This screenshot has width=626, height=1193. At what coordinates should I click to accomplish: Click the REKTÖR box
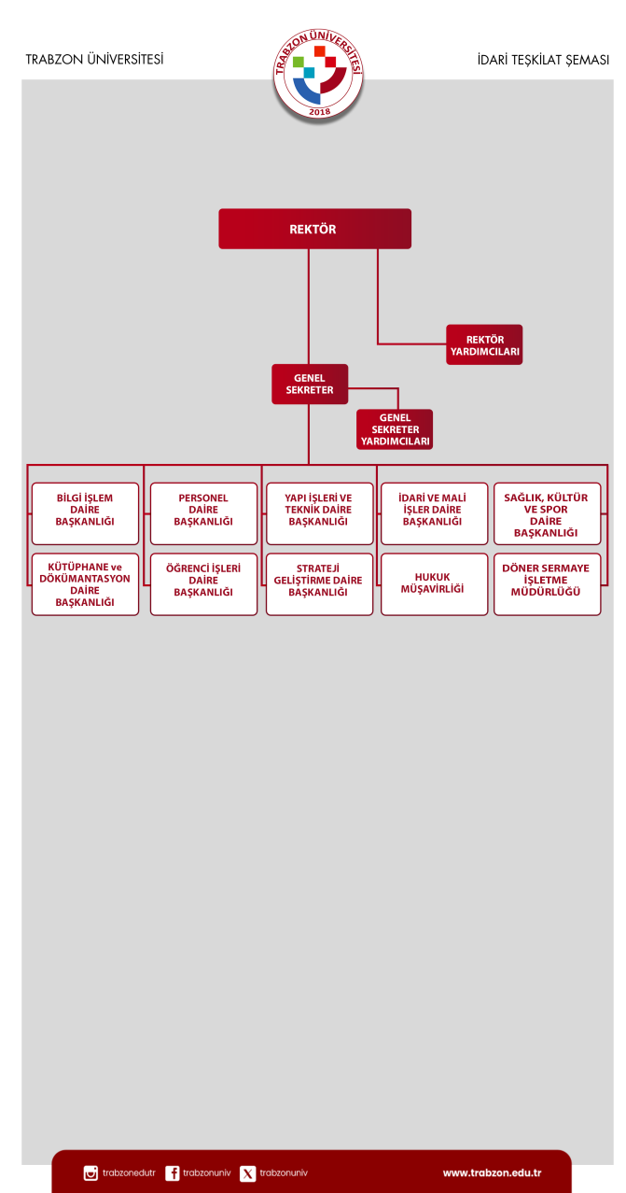(x=314, y=229)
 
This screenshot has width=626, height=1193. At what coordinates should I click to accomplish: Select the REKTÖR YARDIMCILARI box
(x=484, y=344)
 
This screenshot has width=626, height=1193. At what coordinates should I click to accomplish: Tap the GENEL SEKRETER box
(x=310, y=384)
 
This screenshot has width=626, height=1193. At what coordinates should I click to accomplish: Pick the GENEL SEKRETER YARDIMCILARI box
(x=395, y=429)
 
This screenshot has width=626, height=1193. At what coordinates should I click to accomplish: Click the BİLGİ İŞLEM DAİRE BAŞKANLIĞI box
(x=85, y=513)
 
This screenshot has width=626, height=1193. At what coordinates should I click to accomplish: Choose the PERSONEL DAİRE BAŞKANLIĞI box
(x=203, y=513)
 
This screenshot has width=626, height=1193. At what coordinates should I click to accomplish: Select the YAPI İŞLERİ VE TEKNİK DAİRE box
(x=319, y=513)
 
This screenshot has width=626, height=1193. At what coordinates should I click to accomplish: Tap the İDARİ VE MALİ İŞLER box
(x=434, y=513)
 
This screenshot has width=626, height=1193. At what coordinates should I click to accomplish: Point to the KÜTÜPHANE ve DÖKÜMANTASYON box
(x=85, y=584)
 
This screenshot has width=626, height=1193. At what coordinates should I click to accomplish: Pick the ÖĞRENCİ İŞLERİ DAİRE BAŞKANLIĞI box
(x=203, y=584)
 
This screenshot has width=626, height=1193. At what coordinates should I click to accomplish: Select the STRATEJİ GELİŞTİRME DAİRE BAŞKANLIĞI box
(x=319, y=584)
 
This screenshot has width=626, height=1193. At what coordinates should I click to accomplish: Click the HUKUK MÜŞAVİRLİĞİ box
(x=434, y=584)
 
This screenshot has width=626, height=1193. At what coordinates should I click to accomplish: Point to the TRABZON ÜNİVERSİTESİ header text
(x=94, y=60)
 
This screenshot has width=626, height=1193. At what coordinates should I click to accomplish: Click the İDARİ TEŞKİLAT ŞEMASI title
(x=542, y=60)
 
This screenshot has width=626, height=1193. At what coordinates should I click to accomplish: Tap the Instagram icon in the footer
(x=90, y=1173)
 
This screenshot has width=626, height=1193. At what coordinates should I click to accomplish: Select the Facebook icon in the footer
(x=173, y=1173)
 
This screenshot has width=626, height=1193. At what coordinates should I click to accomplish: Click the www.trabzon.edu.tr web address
(x=492, y=1172)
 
